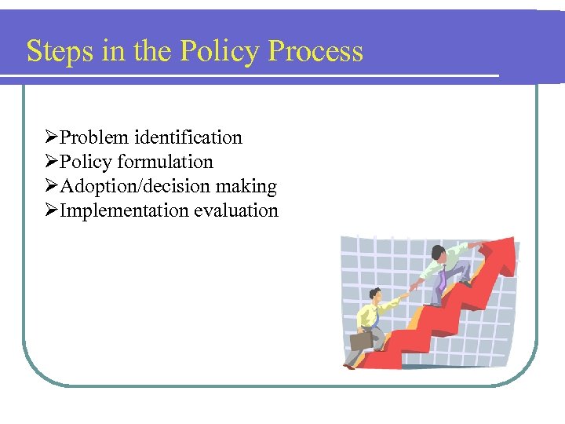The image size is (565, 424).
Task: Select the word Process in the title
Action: [x=315, y=51]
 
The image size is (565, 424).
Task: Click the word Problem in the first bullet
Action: [x=94, y=137]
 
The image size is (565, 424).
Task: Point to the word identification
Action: [x=188, y=137]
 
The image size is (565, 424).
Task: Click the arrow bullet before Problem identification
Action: [x=52, y=137]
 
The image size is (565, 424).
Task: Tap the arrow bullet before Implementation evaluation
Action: [x=52, y=210]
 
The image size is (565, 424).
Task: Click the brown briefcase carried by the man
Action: [x=361, y=341]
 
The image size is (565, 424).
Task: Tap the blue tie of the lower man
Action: [x=377, y=319]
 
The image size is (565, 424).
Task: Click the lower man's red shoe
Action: [x=349, y=366]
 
